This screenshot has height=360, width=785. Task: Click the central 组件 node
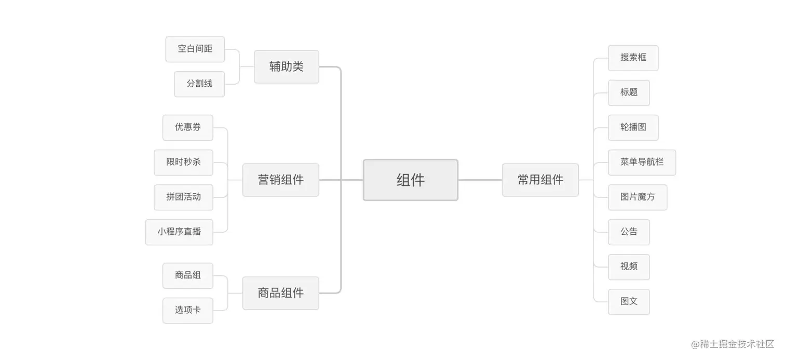pyautogui.click(x=410, y=180)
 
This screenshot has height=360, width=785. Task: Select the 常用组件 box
pyautogui.click(x=540, y=180)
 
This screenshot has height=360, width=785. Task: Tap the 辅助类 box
pyautogui.click(x=286, y=66)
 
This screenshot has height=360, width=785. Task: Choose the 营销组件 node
pyautogui.click(x=280, y=180)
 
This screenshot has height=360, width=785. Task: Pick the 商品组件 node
pyautogui.click(x=280, y=293)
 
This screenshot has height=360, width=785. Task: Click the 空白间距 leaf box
pyautogui.click(x=195, y=49)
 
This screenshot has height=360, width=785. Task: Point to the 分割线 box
pyautogui.click(x=199, y=84)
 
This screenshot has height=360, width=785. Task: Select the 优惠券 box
pyautogui.click(x=187, y=127)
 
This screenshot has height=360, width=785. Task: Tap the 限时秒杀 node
pyautogui.click(x=183, y=162)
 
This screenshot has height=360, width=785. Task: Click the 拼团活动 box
pyautogui.click(x=183, y=197)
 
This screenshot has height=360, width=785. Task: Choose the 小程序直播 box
pyautogui.click(x=179, y=232)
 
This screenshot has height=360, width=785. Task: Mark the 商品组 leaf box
pyautogui.click(x=187, y=275)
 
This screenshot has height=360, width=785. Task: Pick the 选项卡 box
pyautogui.click(x=187, y=310)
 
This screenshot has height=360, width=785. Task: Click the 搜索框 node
pyautogui.click(x=633, y=58)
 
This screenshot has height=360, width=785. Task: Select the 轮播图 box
pyautogui.click(x=633, y=127)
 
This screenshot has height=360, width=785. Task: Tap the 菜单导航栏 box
pyautogui.click(x=642, y=162)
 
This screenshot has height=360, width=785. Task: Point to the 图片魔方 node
pyautogui.click(x=638, y=197)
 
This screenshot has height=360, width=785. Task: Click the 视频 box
pyautogui.click(x=629, y=266)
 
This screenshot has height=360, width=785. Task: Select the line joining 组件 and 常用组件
pyautogui.click(x=480, y=180)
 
